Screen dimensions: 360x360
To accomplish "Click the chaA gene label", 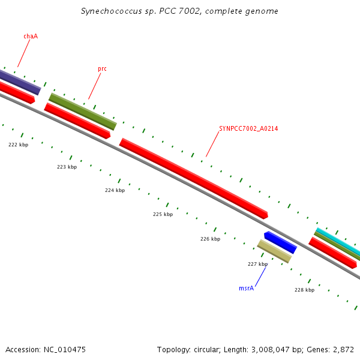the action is click(x=31, y=36).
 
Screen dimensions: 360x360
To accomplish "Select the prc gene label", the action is click(x=102, y=68).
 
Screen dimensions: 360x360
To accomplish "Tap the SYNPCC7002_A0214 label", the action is click(x=248, y=128).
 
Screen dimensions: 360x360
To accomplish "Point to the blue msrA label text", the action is click(x=246, y=288).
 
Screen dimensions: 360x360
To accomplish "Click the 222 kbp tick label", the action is click(x=18, y=145).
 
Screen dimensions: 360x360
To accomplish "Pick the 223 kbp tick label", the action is click(x=67, y=167).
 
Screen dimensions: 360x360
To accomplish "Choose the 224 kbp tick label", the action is click(x=115, y=190).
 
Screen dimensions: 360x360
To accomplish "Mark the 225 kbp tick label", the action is click(x=163, y=214).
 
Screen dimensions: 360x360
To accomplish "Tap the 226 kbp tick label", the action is click(x=210, y=239).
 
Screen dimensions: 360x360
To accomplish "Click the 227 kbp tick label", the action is click(x=257, y=264).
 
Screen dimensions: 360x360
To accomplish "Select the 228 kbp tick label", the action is click(x=304, y=290).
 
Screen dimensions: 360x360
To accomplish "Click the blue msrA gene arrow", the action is click(x=280, y=242).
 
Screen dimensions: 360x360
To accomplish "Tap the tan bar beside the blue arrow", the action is click(x=274, y=251).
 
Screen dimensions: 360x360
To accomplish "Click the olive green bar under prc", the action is click(x=82, y=111).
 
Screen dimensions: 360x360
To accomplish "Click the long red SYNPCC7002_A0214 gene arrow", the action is click(x=193, y=178).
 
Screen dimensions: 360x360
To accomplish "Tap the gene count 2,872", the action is click(x=343, y=349).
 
